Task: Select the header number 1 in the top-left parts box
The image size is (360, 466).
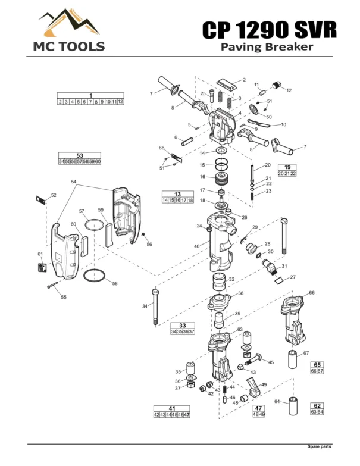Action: click(x=90, y=95)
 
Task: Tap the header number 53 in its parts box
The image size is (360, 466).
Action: click(x=80, y=155)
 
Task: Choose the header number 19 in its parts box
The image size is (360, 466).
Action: click(x=287, y=167)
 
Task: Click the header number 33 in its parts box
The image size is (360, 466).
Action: click(x=183, y=325)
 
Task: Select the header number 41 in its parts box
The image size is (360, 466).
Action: click(x=172, y=408)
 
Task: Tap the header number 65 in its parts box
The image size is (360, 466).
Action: click(x=317, y=364)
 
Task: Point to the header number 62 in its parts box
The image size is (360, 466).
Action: click(x=317, y=405)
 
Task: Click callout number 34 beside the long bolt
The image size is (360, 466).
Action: click(x=145, y=307)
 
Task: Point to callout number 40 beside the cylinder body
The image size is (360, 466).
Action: click(x=197, y=246)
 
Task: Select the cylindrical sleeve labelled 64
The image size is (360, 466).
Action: click(x=293, y=408)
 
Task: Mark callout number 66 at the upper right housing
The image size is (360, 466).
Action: click(x=311, y=293)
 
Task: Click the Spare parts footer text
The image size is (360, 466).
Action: click(x=319, y=446)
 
